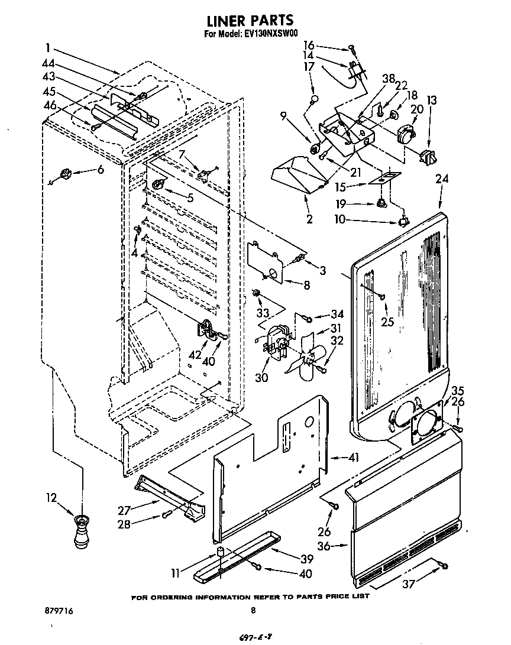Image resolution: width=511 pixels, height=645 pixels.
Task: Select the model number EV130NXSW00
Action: pos(271,34)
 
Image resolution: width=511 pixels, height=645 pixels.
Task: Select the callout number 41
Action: pos(337,457)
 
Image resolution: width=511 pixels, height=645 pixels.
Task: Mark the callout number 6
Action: pos(100,170)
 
